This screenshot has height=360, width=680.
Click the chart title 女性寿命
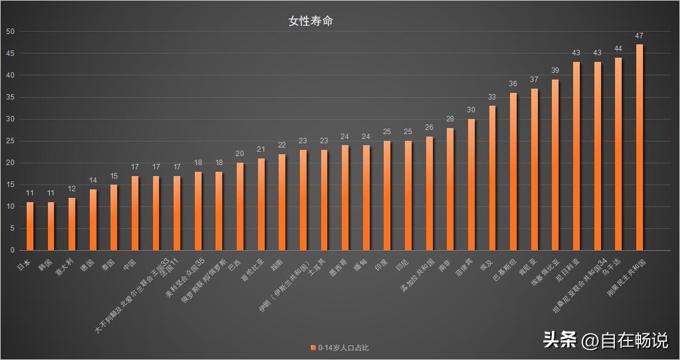[310, 21]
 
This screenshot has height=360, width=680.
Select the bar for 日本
[30, 226]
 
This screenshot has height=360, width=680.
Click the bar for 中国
[135, 212]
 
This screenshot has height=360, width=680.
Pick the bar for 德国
[93, 219]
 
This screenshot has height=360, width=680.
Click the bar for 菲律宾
[471, 185]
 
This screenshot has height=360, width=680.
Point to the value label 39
[555, 70]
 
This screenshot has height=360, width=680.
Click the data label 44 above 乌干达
[618, 49]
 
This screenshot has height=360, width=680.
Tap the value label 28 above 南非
[450, 119]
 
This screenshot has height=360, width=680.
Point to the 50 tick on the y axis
[10, 32]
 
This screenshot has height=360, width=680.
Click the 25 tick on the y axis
[10, 141]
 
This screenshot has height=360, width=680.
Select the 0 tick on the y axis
[12, 250]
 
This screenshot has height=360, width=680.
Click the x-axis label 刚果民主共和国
[626, 279]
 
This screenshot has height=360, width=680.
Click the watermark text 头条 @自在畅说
[605, 340]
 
